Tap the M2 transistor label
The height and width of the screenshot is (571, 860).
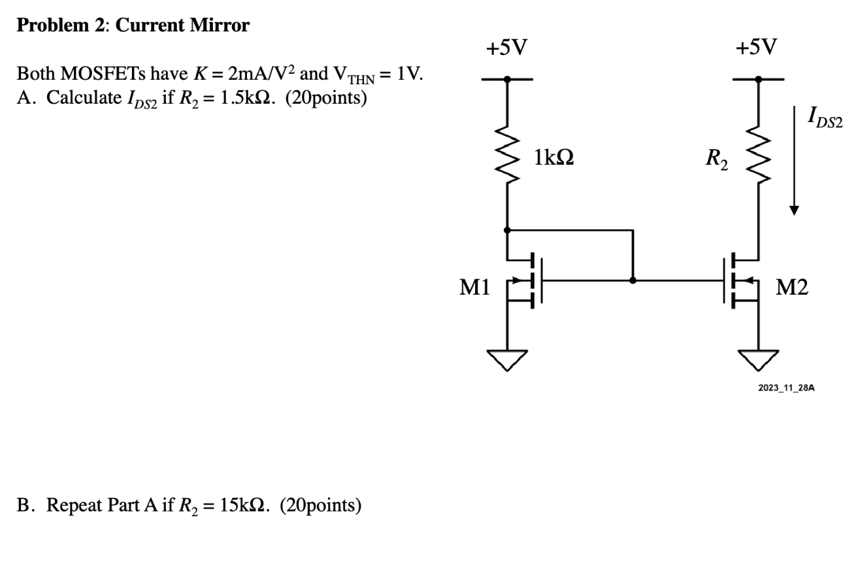pyautogui.click(x=792, y=287)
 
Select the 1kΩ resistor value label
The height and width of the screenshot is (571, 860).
pyautogui.click(x=554, y=157)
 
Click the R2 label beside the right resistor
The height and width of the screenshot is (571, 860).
pyautogui.click(x=717, y=158)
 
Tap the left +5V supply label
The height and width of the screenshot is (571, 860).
pyautogui.click(x=507, y=47)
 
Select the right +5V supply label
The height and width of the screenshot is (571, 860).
pyautogui.click(x=757, y=47)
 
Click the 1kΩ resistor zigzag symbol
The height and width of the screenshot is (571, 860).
pyautogui.click(x=508, y=157)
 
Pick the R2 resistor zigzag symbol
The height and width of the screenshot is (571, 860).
pyautogui.click(x=758, y=157)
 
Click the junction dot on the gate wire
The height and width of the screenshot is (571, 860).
pyautogui.click(x=633, y=280)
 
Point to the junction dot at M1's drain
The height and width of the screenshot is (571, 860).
pyautogui.click(x=508, y=230)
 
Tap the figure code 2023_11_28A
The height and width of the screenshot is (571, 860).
pyautogui.click(x=786, y=388)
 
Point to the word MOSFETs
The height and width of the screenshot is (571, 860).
pyautogui.click(x=97, y=76)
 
